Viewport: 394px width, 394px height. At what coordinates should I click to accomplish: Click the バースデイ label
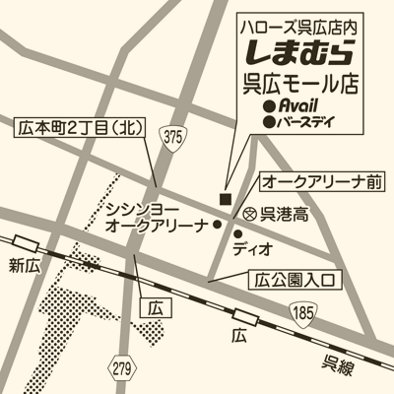(x=306, y=122)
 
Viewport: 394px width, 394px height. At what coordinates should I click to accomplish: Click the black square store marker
(x=225, y=199)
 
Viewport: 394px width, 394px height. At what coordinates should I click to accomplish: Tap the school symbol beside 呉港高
(x=249, y=213)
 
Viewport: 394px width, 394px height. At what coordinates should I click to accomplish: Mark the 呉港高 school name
(x=282, y=214)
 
